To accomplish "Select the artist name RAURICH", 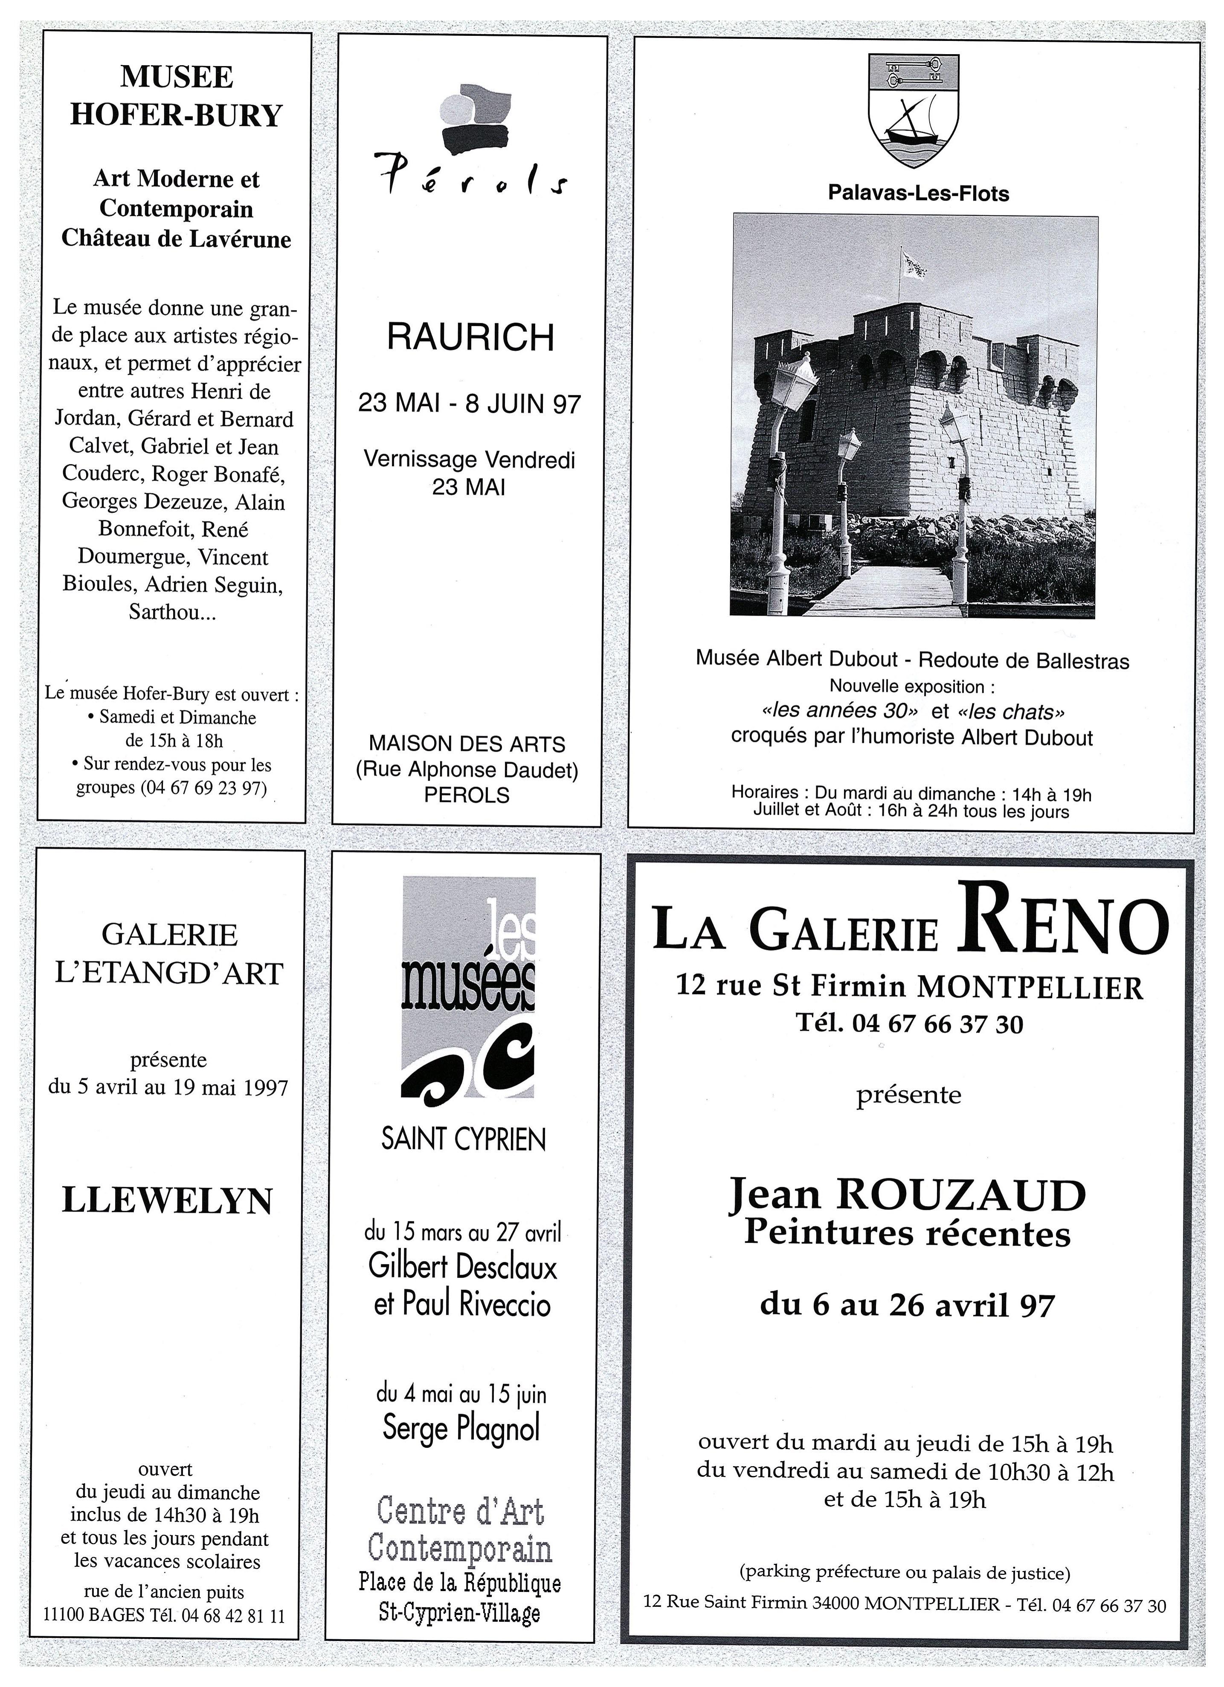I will point(470,337).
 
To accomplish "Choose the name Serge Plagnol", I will point(461,1428).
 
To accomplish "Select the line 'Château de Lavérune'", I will point(176,239).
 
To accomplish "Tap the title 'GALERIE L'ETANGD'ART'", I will point(170,954).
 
